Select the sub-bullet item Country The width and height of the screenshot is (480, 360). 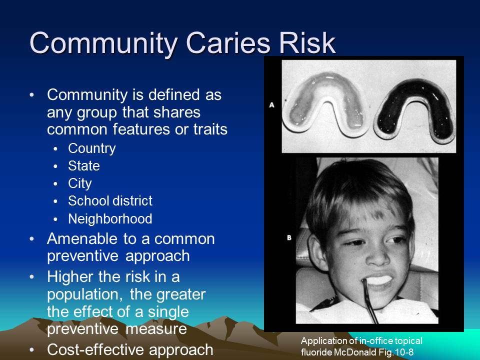click(91, 148)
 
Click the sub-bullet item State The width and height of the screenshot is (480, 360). click(84, 166)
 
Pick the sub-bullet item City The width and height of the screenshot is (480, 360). click(80, 183)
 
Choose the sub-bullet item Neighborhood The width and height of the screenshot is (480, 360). click(110, 219)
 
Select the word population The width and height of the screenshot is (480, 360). click(83, 294)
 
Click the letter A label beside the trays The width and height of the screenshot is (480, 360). click(272, 105)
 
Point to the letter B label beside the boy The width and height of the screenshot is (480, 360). click(289, 238)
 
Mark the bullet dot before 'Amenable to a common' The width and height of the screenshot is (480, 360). click(32, 239)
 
